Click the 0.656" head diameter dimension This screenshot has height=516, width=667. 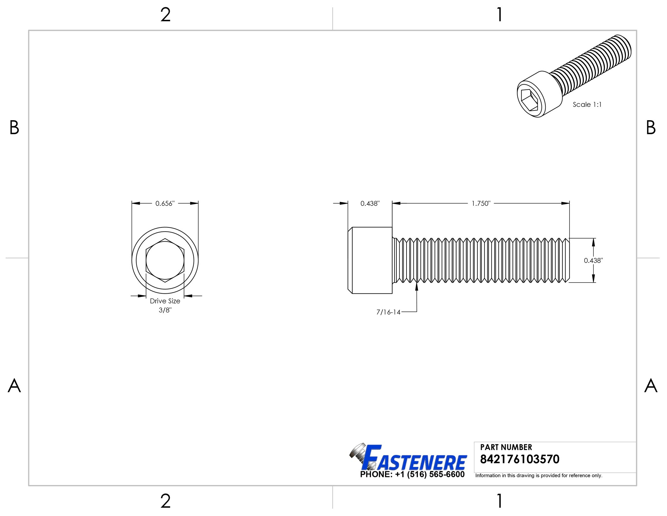click(x=165, y=204)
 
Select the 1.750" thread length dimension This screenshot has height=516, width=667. click(x=481, y=204)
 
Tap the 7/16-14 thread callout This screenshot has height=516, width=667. click(x=388, y=312)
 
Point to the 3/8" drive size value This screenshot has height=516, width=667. click(x=165, y=310)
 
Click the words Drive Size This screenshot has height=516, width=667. click(x=165, y=301)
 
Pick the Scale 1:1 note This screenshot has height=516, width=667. click(x=587, y=105)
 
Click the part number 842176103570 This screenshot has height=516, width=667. click(x=520, y=459)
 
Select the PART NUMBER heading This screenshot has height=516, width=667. click(x=506, y=447)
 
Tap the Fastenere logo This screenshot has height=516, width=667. click(x=408, y=458)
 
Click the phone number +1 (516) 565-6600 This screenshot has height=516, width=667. click(x=430, y=474)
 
